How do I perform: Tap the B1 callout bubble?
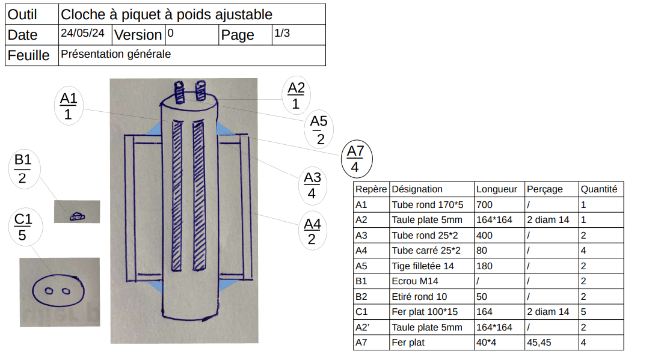(23, 169)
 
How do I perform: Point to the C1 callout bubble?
(22, 227)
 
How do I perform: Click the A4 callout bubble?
(312, 232)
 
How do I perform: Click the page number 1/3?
(282, 34)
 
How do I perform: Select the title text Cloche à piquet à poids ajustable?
(167, 14)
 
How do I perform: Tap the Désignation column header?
(417, 189)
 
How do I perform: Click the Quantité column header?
(599, 189)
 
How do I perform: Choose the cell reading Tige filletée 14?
(423, 266)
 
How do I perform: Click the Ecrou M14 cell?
(416, 281)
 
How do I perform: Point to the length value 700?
(484, 204)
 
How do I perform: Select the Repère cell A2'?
(363, 328)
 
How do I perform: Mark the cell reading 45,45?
(539, 343)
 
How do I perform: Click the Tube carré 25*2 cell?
(426, 251)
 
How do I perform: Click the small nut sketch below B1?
(76, 216)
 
